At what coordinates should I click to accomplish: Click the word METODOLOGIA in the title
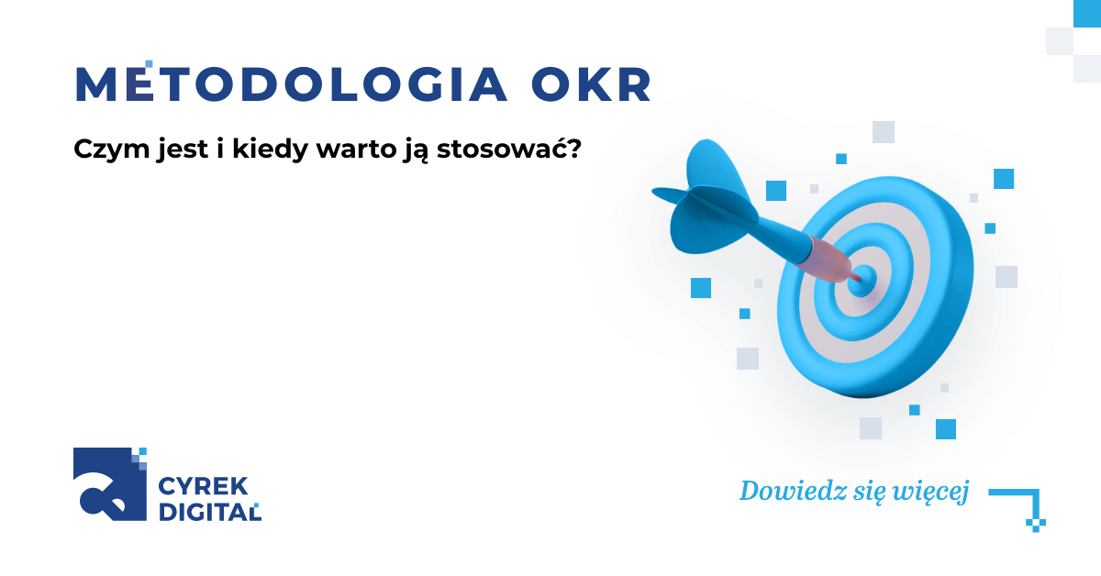(292, 84)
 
